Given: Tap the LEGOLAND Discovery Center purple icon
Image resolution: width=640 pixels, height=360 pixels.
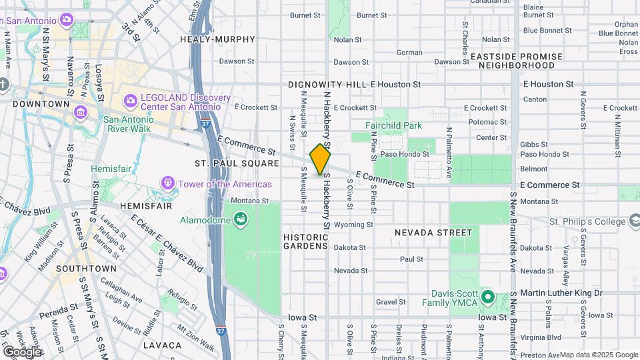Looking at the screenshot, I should point(130,102).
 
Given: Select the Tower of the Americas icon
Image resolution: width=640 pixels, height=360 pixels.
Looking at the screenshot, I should point(167,183).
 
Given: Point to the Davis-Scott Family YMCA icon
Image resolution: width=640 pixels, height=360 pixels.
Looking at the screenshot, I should point(487,297).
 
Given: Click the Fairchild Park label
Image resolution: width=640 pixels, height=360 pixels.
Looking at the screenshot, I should point(393,125).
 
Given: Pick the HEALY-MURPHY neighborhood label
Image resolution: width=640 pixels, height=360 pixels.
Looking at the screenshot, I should point(218,40).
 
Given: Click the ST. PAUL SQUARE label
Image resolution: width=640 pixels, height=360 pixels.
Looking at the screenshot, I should point(227,163).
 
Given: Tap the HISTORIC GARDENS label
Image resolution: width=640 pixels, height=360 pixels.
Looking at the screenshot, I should point(307,243).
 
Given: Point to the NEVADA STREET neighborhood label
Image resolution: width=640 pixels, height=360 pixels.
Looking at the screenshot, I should point(433,233).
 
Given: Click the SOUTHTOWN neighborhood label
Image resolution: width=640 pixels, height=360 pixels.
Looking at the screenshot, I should point(86,269).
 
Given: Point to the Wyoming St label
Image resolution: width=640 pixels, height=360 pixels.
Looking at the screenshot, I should point(353,225).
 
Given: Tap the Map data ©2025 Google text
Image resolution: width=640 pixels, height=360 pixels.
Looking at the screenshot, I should point(598,355).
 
